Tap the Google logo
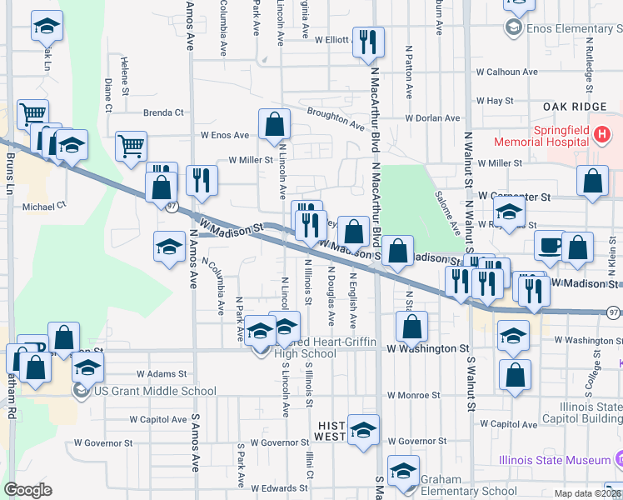(x=27, y=489)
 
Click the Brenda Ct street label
(x=163, y=112)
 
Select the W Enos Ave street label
(x=225, y=135)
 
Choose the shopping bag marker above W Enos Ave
(x=274, y=126)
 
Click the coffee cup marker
(x=550, y=246)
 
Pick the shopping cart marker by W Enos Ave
(x=131, y=147)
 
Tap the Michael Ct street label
(x=43, y=206)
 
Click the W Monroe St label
(x=412, y=394)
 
